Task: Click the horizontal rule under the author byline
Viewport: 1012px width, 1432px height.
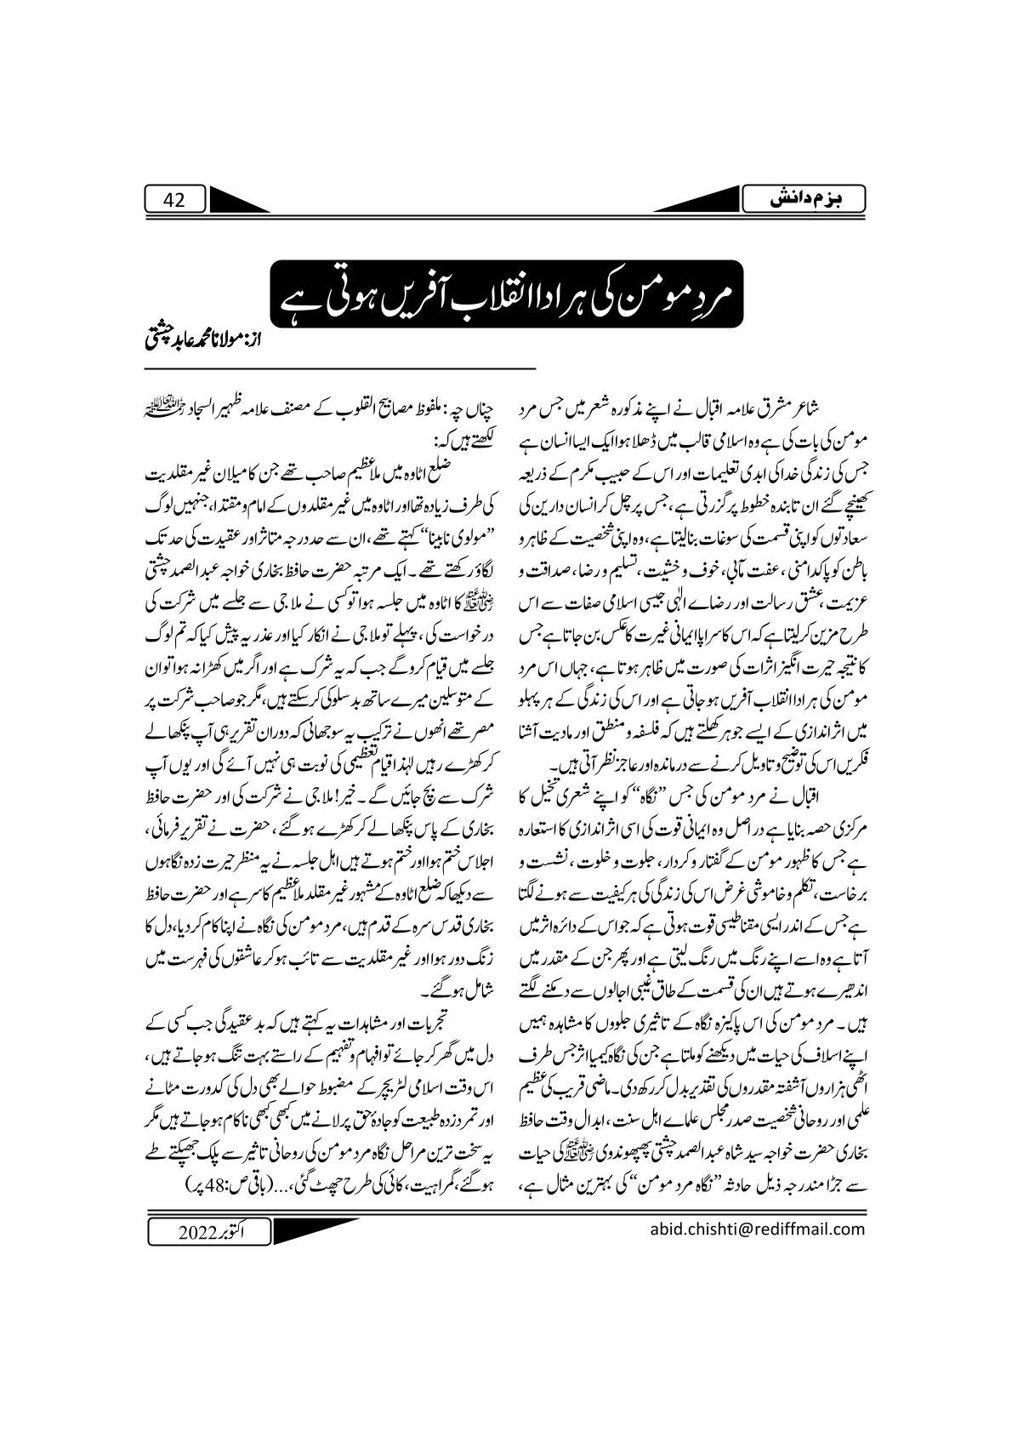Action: coord(340,367)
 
